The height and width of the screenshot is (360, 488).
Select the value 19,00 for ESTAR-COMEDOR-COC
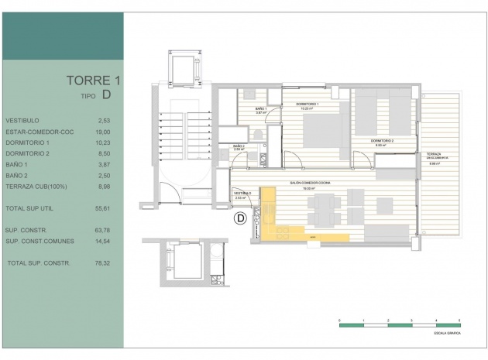point(104,132)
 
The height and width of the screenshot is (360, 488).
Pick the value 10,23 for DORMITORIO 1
point(104,143)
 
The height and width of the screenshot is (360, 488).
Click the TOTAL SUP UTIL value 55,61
point(104,209)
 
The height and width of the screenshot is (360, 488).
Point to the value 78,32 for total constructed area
point(104,263)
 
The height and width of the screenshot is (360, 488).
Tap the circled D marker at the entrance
point(240,218)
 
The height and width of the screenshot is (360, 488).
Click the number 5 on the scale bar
point(459,320)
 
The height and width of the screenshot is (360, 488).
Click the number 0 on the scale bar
point(340,320)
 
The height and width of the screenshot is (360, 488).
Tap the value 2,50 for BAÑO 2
point(104,177)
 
